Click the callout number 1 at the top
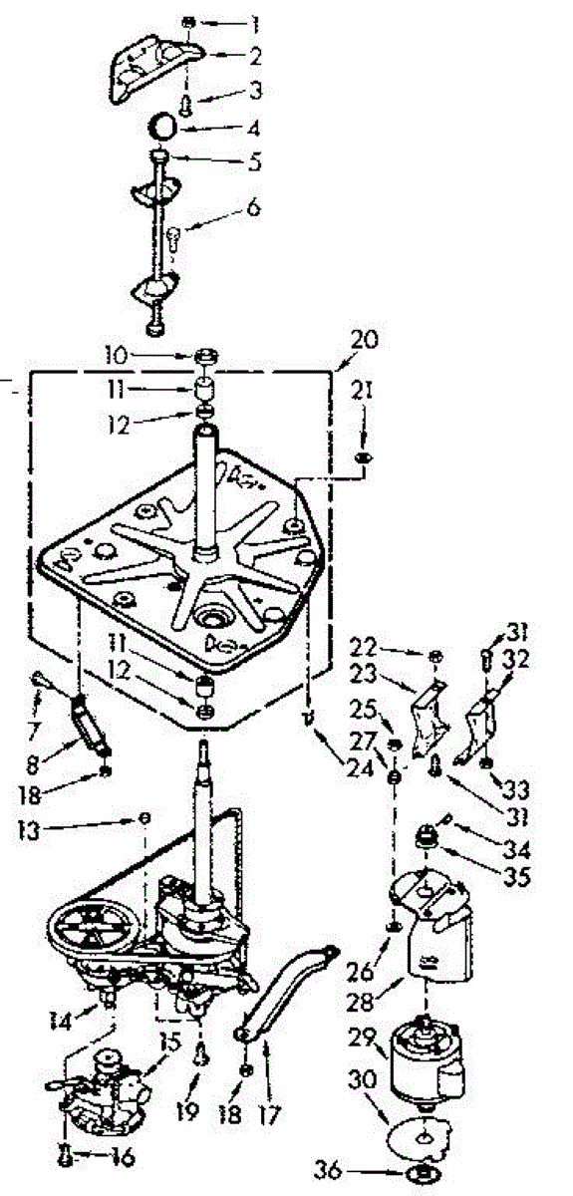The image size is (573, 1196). [x=254, y=24]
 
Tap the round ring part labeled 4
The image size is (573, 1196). [x=162, y=127]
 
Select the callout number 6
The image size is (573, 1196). [x=252, y=207]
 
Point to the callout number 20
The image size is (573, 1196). [x=363, y=339]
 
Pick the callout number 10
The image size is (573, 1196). [x=116, y=356]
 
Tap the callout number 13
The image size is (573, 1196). [x=28, y=831]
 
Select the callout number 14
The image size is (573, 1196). [x=60, y=1022]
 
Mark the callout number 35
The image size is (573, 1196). [x=517, y=876]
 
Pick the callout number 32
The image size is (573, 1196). [x=516, y=660]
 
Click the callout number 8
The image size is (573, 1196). [x=32, y=764]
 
